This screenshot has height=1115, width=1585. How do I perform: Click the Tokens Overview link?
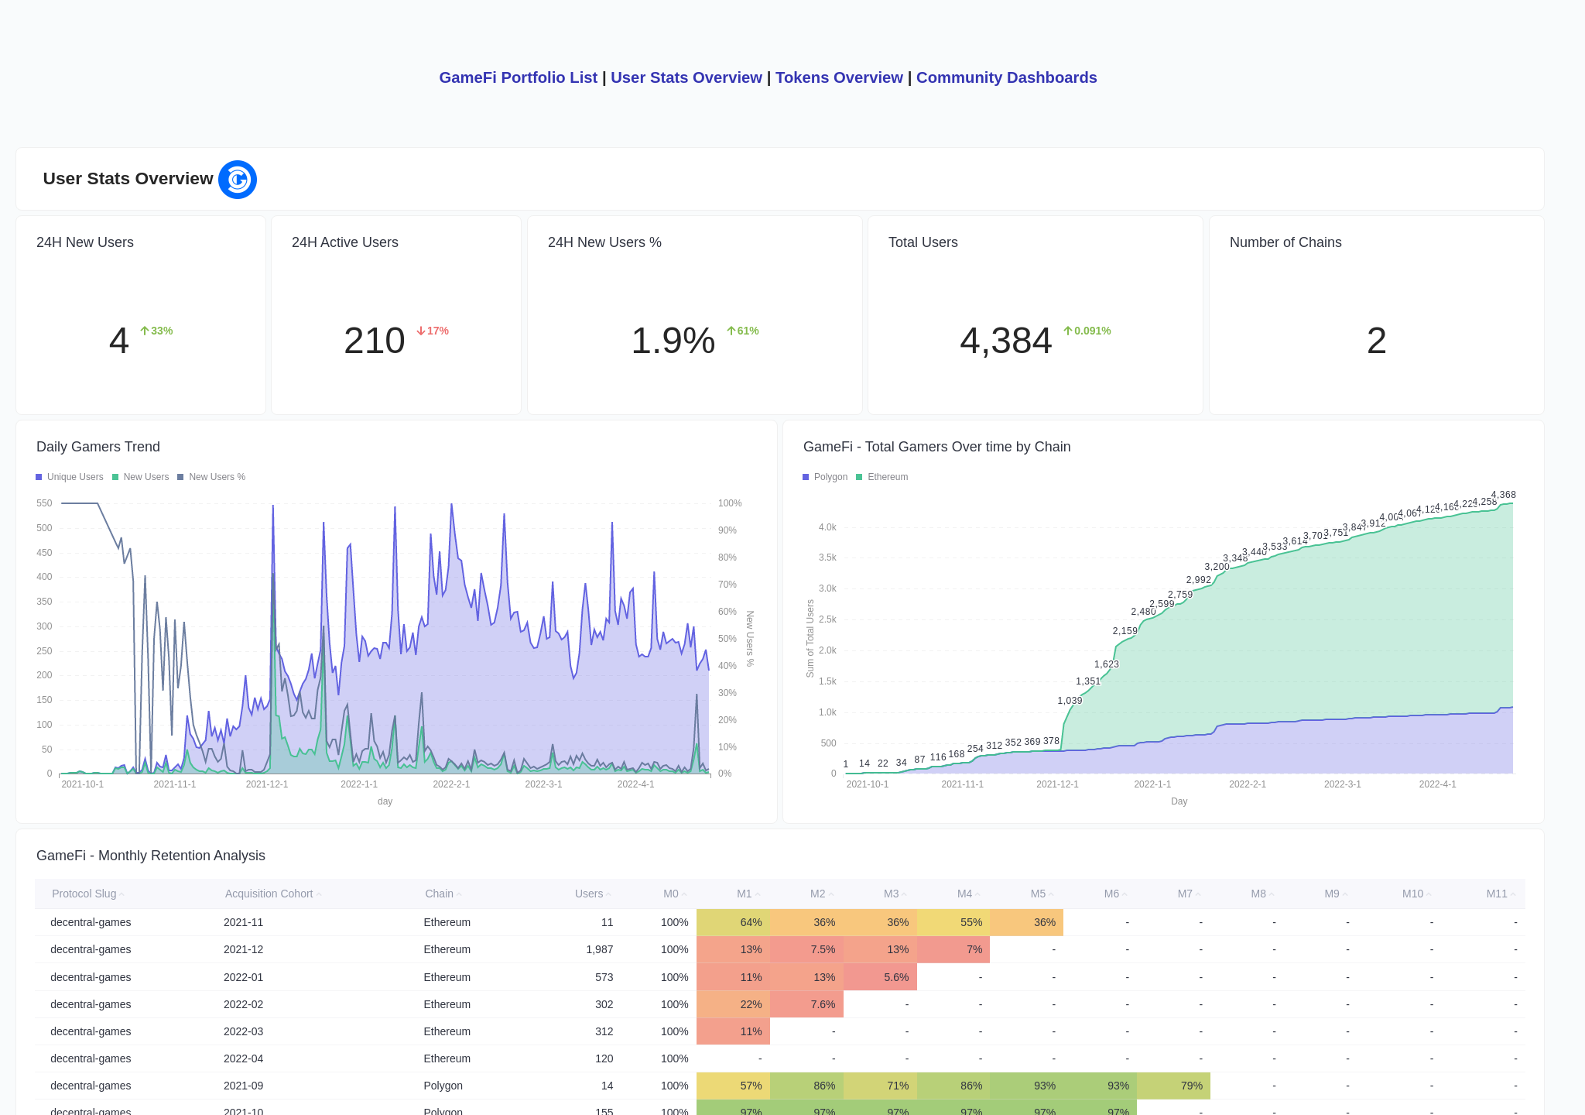tap(839, 77)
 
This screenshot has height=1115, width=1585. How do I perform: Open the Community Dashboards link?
tap(1006, 77)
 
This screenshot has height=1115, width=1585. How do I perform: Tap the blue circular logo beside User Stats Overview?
tap(238, 180)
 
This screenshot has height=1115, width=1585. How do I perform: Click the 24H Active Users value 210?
tap(375, 341)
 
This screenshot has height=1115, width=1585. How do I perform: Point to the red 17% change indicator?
tap(433, 331)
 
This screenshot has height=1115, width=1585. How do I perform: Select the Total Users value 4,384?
tap(1005, 341)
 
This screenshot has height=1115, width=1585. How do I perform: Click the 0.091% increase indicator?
tap(1087, 331)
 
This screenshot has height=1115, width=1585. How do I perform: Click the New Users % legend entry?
tap(212, 477)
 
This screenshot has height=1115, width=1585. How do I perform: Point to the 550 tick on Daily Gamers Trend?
tap(44, 503)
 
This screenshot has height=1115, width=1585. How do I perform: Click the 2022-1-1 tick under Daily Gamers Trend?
tap(359, 784)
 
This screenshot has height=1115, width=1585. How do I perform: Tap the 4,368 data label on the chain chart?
tap(1503, 495)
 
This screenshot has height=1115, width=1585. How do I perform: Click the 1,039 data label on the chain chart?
tap(1070, 701)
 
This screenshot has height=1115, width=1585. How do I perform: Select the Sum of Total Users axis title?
tap(810, 639)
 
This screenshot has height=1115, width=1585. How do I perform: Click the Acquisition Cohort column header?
tap(269, 894)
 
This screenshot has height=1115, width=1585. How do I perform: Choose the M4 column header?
tap(964, 894)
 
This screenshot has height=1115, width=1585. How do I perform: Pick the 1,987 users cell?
tap(599, 949)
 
